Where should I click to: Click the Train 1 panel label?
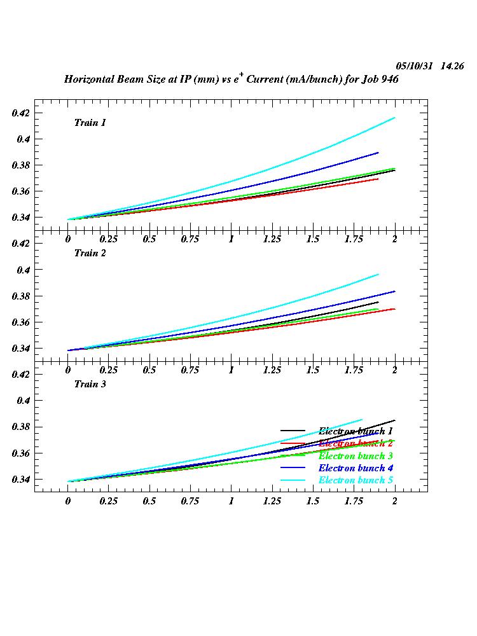[x=90, y=123]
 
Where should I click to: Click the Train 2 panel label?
[x=90, y=253]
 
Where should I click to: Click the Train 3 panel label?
[x=90, y=384]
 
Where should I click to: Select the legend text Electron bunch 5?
[x=356, y=480]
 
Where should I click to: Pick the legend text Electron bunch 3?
[x=356, y=456]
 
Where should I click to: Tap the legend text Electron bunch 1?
[x=356, y=432]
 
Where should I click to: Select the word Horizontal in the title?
[x=90, y=80]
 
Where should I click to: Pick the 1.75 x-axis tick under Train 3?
[x=353, y=501]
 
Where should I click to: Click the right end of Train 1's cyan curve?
[x=395, y=118]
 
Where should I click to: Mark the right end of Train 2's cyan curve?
[x=378, y=275]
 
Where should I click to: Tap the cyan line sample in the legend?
[x=293, y=480]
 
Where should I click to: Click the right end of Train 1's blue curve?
[x=378, y=153]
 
